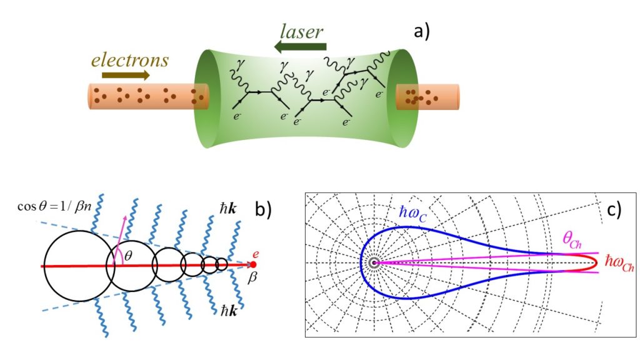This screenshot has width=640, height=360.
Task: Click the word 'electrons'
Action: click(130, 60)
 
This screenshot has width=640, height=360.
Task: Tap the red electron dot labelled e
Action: click(252, 264)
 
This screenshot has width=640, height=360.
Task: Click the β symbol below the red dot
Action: click(254, 276)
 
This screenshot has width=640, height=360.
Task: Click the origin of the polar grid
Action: click(374, 264)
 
